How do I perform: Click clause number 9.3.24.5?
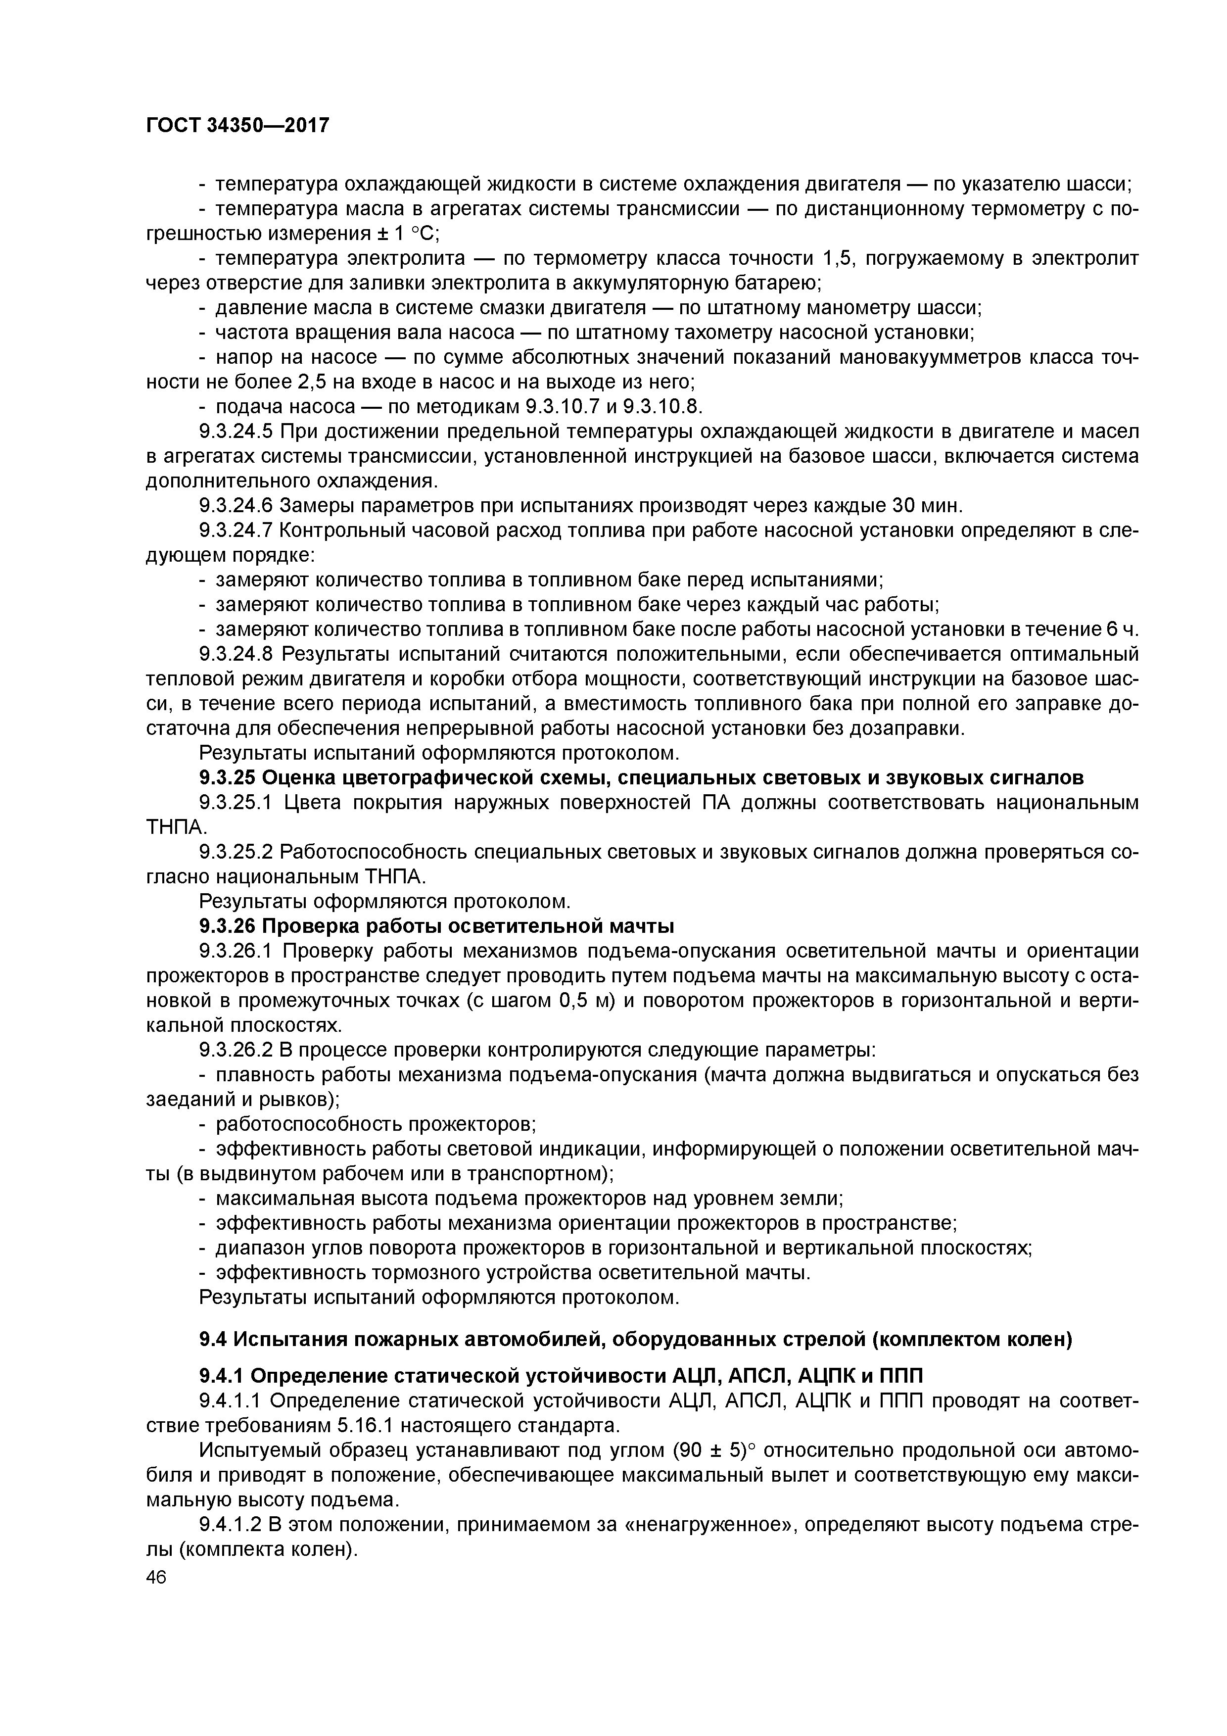pos(236,432)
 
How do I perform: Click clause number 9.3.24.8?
pos(236,653)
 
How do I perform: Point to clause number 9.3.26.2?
pos(236,1050)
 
